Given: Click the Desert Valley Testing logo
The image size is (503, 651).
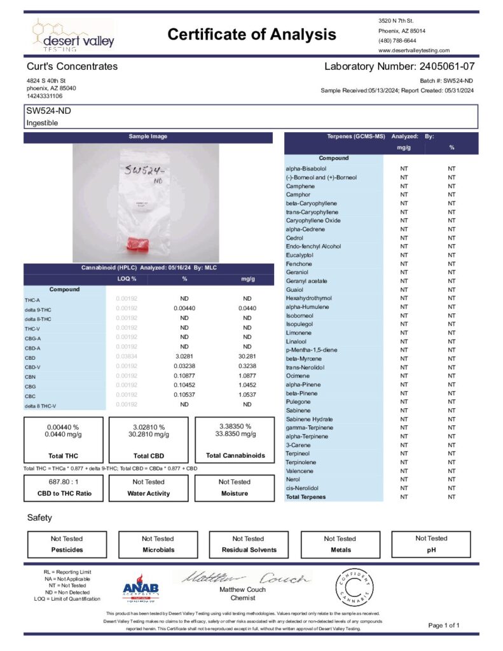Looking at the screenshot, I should tap(73, 36).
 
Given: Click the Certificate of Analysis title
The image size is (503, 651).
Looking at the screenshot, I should tap(251, 34).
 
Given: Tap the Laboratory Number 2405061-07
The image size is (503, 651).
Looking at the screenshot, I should tap(399, 66).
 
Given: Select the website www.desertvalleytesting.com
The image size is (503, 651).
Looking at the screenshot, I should tap(413, 50).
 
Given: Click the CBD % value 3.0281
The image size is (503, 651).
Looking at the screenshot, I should tap(184, 357).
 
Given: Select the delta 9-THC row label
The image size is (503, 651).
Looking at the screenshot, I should tap(38, 308).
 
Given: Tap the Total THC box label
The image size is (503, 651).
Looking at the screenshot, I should tap(63, 456).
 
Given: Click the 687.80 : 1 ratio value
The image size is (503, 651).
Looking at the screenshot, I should tap(63, 482).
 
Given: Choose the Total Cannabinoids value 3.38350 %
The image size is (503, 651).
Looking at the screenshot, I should tap(234, 427).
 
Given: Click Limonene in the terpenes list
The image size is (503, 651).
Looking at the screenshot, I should tap(298, 332).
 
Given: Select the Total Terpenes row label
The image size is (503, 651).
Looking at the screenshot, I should tap(306, 497).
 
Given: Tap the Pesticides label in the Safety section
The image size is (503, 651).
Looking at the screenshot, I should tap(67, 549).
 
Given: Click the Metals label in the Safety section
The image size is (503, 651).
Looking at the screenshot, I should tap(340, 549).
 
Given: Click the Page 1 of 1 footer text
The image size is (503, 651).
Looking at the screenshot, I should tap(444, 626).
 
